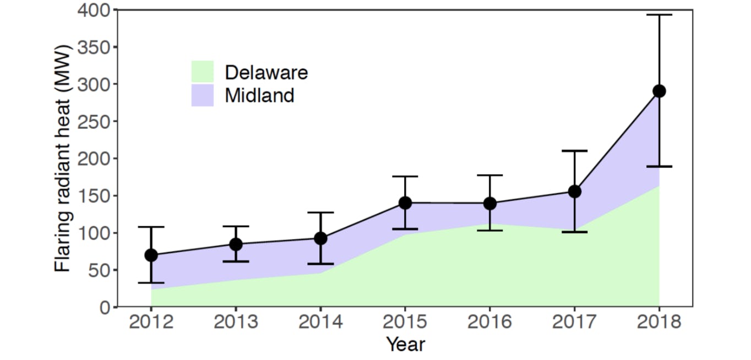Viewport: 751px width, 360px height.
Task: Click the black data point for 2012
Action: (151, 255)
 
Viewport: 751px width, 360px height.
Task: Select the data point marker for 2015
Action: (405, 203)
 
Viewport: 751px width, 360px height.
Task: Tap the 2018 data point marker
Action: (659, 91)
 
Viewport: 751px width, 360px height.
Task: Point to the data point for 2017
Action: (574, 192)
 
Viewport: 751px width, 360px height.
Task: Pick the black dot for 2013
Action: (236, 244)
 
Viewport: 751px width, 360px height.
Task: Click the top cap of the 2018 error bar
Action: (659, 15)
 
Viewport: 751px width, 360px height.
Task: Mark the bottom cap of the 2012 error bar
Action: (151, 282)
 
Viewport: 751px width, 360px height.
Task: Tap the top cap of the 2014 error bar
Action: (320, 212)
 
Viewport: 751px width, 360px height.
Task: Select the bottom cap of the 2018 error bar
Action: (659, 166)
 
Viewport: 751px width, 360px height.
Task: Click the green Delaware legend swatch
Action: (202, 72)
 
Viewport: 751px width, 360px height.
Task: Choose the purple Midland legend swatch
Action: (202, 95)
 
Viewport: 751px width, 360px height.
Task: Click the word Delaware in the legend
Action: (266, 72)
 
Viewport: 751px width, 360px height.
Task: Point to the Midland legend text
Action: (259, 95)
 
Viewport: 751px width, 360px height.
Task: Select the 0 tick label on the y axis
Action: (105, 307)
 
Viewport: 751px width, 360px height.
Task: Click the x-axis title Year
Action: (405, 345)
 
